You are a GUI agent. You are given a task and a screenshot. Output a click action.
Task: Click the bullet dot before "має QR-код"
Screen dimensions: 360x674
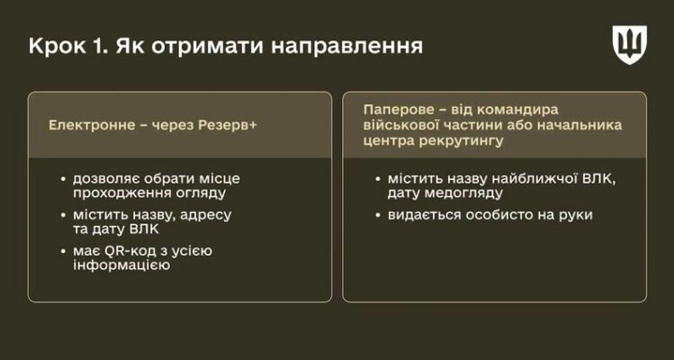point(62,250)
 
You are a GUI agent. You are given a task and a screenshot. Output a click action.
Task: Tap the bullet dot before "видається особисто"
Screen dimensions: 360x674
point(378,216)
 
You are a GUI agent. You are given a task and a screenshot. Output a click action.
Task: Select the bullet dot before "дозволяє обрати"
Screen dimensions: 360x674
point(62,178)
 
